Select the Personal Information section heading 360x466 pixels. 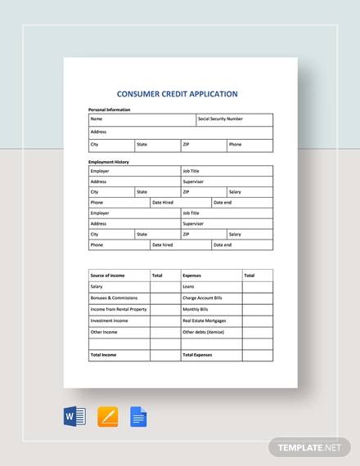[109, 110]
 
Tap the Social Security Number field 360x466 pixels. [220, 119]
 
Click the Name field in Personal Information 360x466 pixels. [97, 119]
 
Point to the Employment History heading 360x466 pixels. [108, 162]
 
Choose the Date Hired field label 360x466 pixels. [163, 202]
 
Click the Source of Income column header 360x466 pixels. [106, 276]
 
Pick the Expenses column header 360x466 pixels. [191, 276]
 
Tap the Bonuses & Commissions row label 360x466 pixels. [115, 298]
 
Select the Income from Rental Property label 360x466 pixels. [119, 310]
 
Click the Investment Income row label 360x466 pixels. [108, 321]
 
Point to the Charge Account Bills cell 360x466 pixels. [203, 298]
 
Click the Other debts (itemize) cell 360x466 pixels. [202, 333]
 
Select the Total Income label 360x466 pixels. [105, 356]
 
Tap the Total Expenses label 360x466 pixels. [198, 356]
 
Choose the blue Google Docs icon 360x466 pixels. [138, 418]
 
